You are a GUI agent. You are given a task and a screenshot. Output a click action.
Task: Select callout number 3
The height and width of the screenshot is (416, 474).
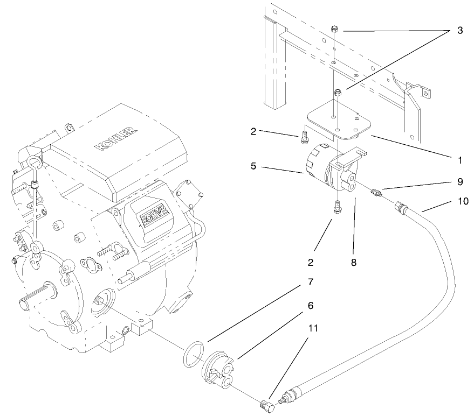click(459, 30)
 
